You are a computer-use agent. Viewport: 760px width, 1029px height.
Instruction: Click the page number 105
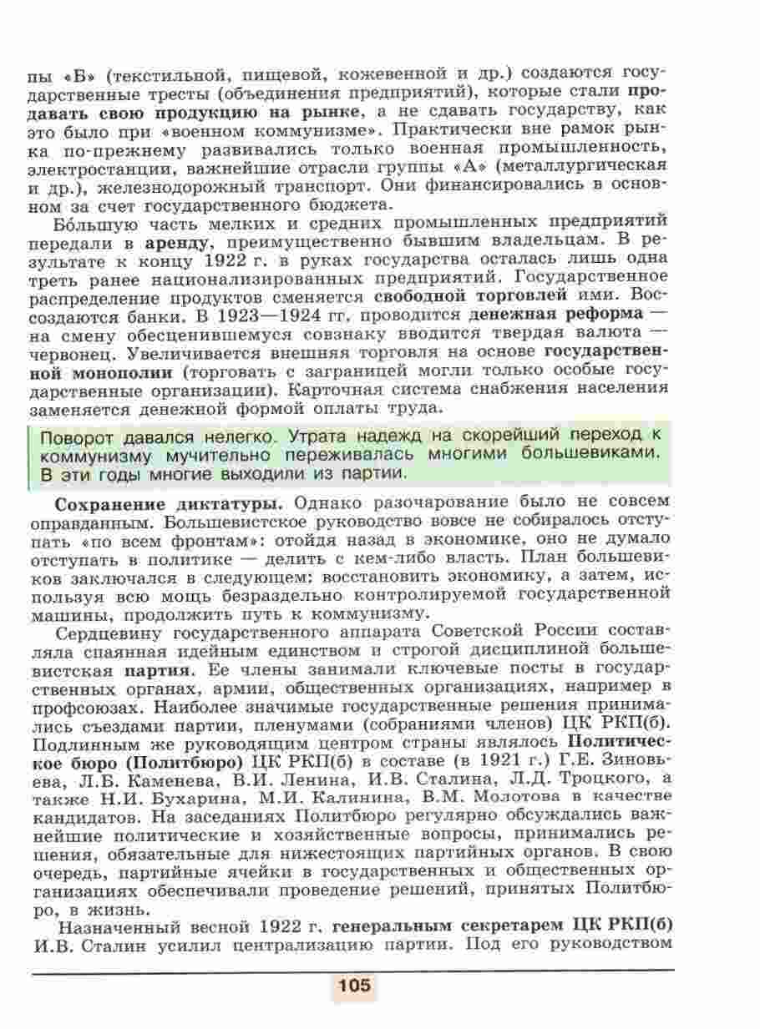tap(354, 986)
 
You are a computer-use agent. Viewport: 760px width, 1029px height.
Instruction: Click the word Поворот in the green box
tap(78, 436)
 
